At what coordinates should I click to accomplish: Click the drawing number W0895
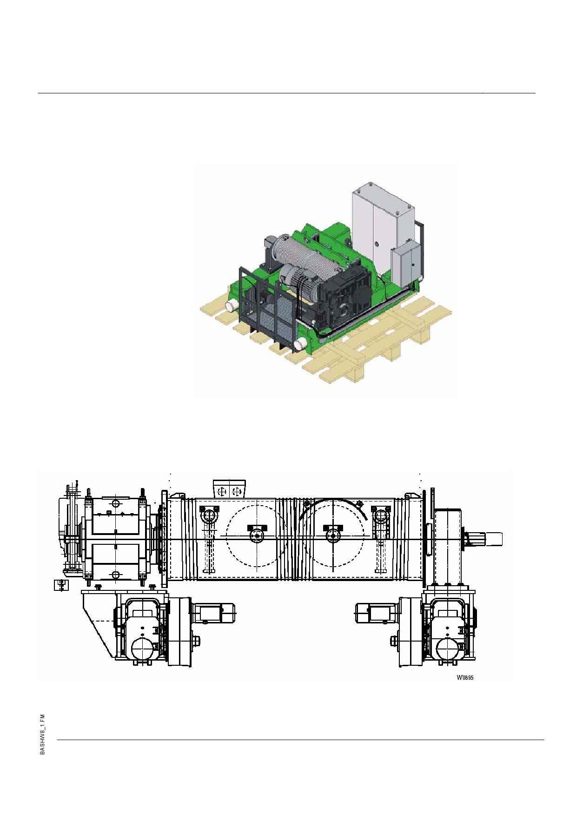(465, 677)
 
